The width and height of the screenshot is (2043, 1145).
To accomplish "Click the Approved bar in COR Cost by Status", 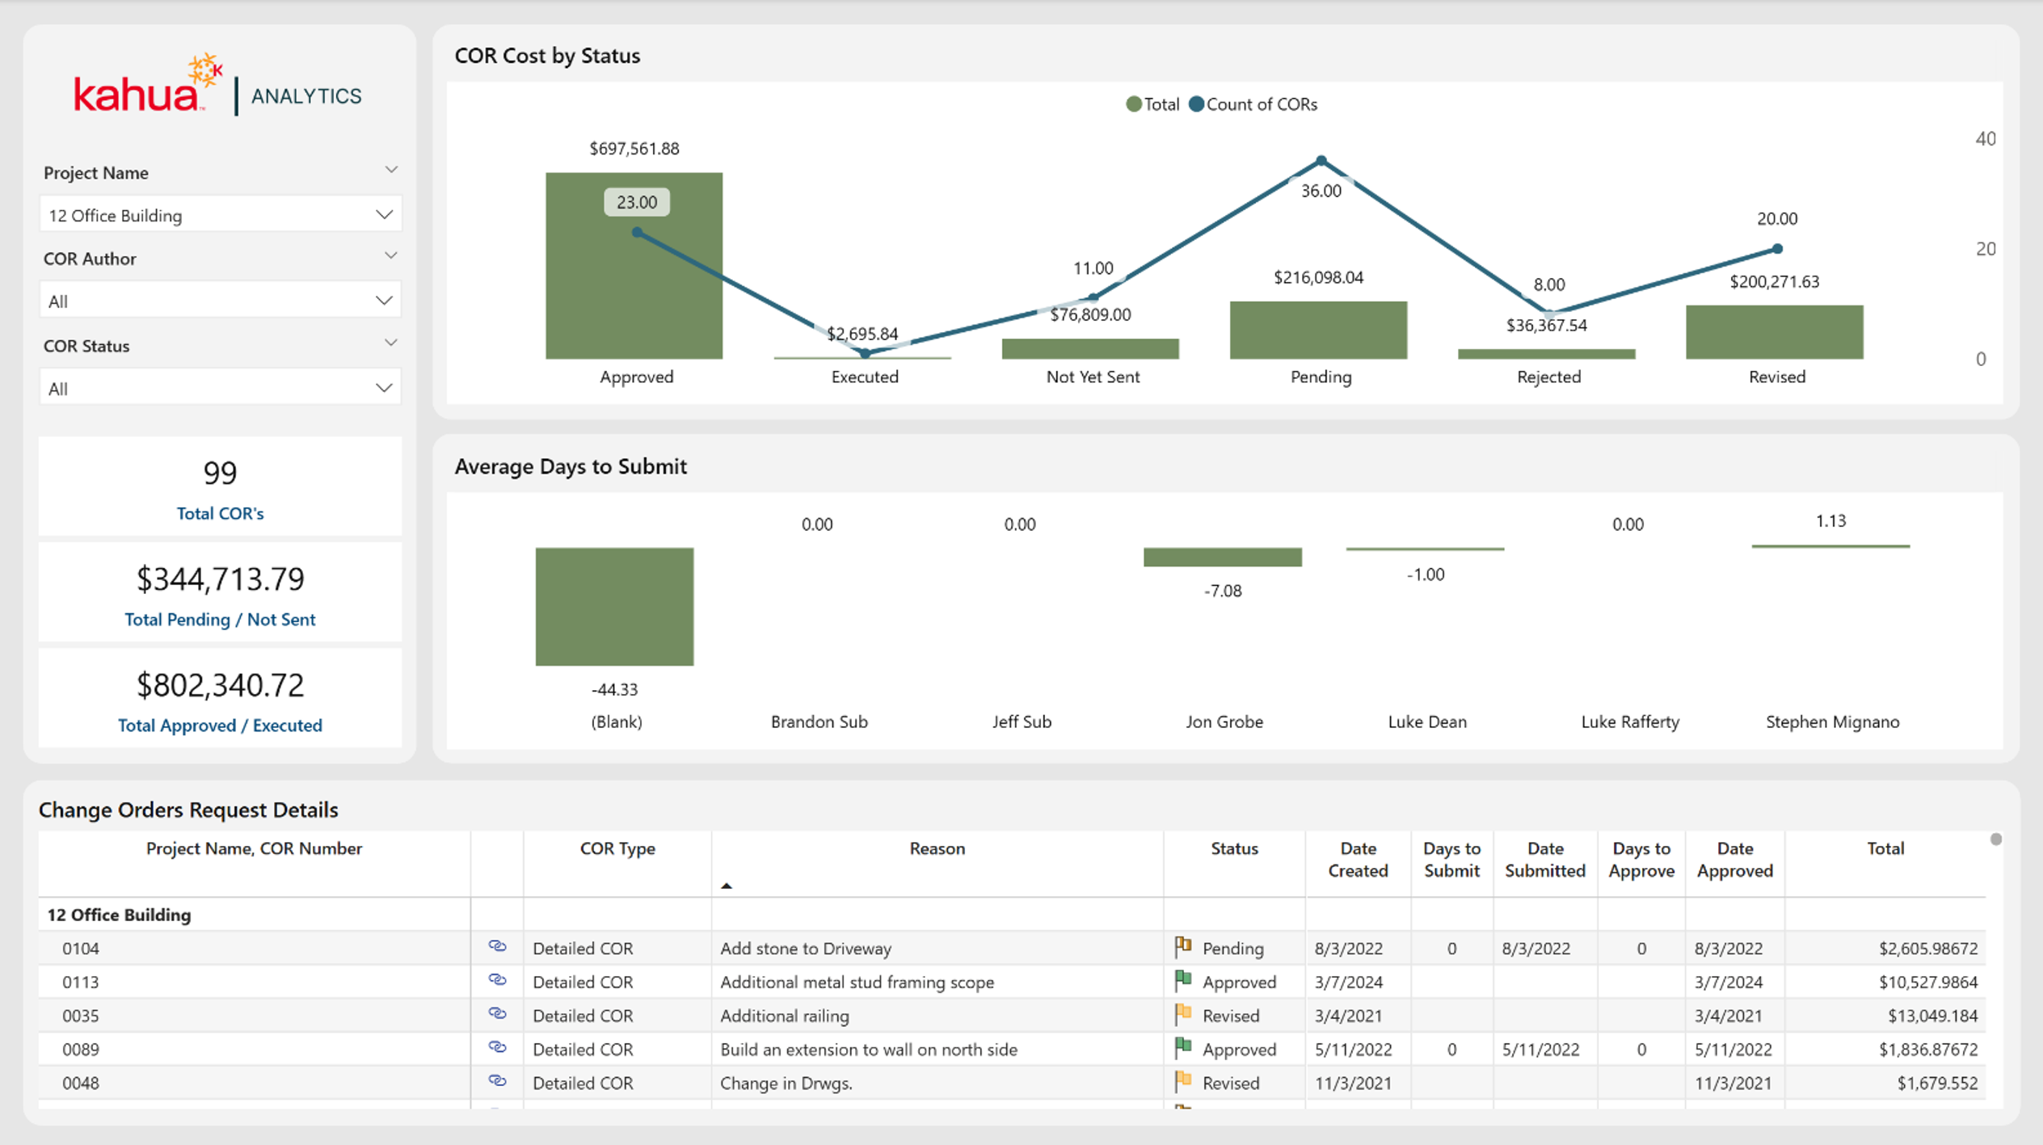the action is click(634, 265).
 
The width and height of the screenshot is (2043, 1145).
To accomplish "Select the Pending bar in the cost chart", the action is click(1318, 330).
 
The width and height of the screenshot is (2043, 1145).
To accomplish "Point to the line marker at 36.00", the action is click(1321, 161).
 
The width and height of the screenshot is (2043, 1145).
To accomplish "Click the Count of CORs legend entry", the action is click(1253, 104).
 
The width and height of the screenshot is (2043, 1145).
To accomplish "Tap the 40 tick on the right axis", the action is click(1986, 139).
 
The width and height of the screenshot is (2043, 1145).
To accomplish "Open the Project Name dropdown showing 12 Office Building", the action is click(220, 215).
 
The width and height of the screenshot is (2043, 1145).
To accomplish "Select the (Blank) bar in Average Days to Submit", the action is click(614, 607).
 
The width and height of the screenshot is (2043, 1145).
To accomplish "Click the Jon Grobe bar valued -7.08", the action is click(1222, 557).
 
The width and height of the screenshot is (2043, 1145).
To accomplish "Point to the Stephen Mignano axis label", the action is click(1832, 722).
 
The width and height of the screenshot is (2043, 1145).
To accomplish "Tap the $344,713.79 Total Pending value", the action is click(220, 579).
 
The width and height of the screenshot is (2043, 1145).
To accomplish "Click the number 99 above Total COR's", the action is click(220, 473).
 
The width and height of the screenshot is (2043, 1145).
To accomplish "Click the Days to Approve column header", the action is click(1641, 860).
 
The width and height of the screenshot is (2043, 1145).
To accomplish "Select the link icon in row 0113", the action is click(497, 980).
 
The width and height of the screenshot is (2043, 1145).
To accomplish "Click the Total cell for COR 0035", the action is click(1932, 1016).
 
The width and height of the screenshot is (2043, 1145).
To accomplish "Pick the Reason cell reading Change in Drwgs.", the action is click(786, 1083).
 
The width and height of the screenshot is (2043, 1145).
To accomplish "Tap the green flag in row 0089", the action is click(1183, 1047).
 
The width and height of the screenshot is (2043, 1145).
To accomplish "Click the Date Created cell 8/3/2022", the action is click(1348, 948).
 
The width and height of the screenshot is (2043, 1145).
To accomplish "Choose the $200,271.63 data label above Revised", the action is click(1774, 281).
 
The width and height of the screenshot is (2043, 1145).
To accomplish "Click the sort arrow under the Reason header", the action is click(727, 886).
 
